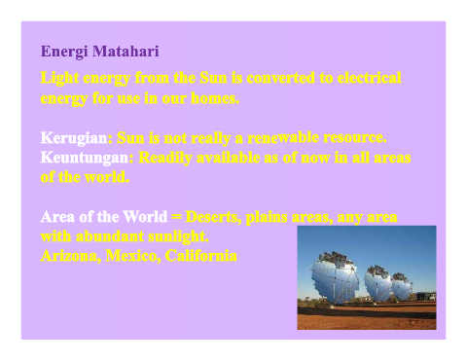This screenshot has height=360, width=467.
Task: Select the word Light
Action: pyautogui.click(x=59, y=79)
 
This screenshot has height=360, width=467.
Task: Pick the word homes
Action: pyautogui.click(x=215, y=98)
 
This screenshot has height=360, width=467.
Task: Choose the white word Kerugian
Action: pyautogui.click(x=74, y=138)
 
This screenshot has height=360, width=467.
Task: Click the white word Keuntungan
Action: pyautogui.click(x=85, y=159)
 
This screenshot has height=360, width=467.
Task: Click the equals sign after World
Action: pyautogui.click(x=176, y=217)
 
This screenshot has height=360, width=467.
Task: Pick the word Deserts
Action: pyautogui.click(x=213, y=217)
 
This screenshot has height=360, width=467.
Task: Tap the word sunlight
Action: pyautogui.click(x=178, y=236)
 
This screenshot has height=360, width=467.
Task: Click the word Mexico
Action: pyautogui.click(x=132, y=256)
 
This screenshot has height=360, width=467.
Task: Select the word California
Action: pyautogui.click(x=201, y=256)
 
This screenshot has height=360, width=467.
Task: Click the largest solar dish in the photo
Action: pyautogui.click(x=335, y=276)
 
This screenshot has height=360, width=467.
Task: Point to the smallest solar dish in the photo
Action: pyautogui.click(x=402, y=286)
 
